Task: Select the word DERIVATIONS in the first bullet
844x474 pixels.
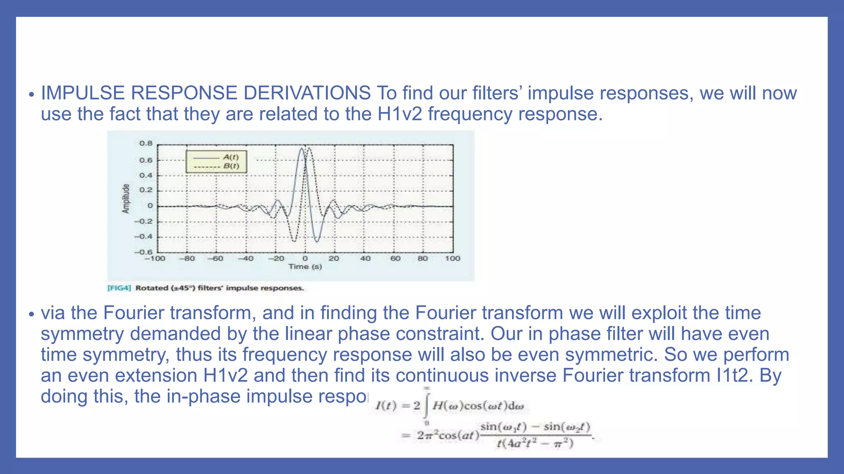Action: pyautogui.click(x=307, y=93)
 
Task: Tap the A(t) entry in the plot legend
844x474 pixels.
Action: pyautogui.click(x=231, y=157)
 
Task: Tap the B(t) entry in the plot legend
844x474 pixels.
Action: pyautogui.click(x=231, y=166)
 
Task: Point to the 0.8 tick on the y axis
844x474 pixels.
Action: pyautogui.click(x=145, y=144)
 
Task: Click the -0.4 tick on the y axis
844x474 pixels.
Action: pyautogui.click(x=143, y=237)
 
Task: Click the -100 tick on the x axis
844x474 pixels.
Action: pyautogui.click(x=155, y=259)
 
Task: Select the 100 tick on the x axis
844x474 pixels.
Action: pyautogui.click(x=452, y=259)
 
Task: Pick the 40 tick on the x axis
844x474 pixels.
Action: pyautogui.click(x=365, y=259)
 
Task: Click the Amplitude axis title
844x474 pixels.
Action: pyautogui.click(x=126, y=199)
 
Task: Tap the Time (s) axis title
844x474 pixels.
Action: pyautogui.click(x=305, y=267)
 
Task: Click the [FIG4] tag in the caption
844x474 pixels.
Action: pyautogui.click(x=119, y=288)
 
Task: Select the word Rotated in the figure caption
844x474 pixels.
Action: pyautogui.click(x=152, y=288)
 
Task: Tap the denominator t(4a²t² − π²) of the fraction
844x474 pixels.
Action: pyautogui.click(x=535, y=444)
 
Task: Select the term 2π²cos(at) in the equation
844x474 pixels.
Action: pyautogui.click(x=447, y=435)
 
